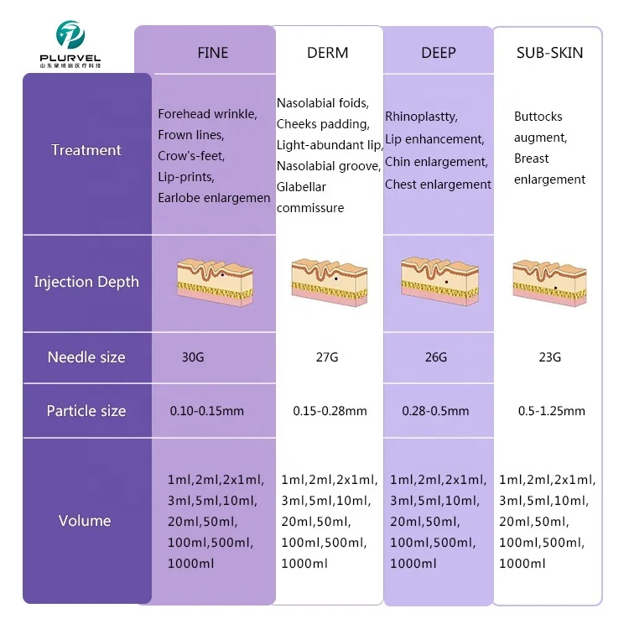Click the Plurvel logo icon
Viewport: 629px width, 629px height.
(x=70, y=34)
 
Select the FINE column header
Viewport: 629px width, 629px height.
(x=212, y=53)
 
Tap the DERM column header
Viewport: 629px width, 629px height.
(x=327, y=53)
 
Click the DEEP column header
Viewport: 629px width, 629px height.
(x=438, y=53)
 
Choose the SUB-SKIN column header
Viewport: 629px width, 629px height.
(x=549, y=53)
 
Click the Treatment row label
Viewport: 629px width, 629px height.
(x=86, y=150)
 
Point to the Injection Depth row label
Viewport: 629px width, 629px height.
(x=86, y=282)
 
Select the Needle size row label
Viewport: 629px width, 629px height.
(x=86, y=357)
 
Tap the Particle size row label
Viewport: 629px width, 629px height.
(x=86, y=411)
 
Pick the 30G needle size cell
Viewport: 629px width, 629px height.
(x=193, y=357)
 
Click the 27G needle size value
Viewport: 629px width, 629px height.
(x=326, y=357)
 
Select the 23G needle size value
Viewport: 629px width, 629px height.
(x=549, y=357)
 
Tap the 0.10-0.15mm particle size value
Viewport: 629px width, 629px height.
(x=207, y=411)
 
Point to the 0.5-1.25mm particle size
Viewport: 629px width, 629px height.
(x=551, y=411)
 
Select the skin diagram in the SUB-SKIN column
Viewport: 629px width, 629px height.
(x=550, y=280)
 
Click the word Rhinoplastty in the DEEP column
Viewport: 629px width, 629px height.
(x=421, y=117)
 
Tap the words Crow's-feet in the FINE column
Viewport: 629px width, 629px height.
(x=191, y=156)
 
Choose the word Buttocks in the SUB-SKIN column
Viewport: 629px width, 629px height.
(x=538, y=117)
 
